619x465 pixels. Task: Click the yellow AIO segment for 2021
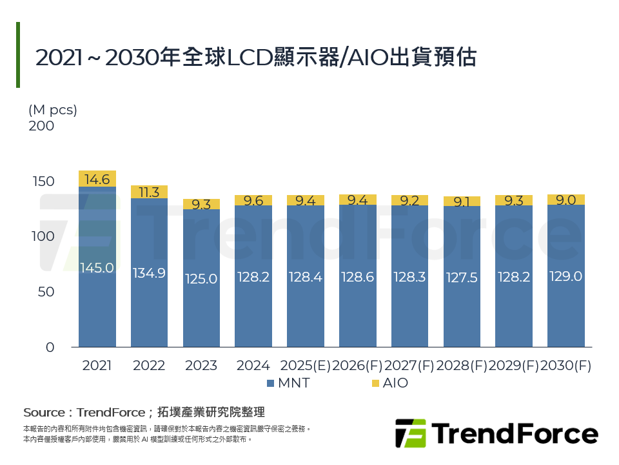(97, 179)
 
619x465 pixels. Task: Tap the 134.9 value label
(149, 273)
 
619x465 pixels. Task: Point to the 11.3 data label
(149, 192)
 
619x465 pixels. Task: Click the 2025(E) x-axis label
(305, 366)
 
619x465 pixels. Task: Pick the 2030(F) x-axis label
(565, 366)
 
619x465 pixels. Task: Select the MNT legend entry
(288, 383)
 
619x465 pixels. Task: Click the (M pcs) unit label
(53, 110)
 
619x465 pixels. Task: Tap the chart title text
(255, 57)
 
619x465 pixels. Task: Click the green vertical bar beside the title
(18, 55)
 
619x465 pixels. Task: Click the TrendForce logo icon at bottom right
(411, 433)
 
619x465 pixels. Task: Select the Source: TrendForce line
(144, 412)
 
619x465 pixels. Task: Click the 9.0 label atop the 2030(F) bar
(565, 200)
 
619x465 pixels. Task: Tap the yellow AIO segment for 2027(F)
(409, 200)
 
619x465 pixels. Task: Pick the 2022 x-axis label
(149, 366)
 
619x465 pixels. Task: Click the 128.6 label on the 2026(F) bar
(357, 276)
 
